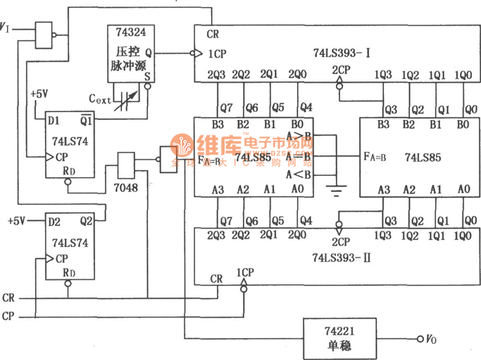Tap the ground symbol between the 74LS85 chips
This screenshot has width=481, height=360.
tap(335, 189)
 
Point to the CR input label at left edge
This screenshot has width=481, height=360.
tap(9, 299)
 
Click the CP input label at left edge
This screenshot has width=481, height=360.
tap(9, 316)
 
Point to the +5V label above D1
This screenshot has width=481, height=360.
tap(39, 94)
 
